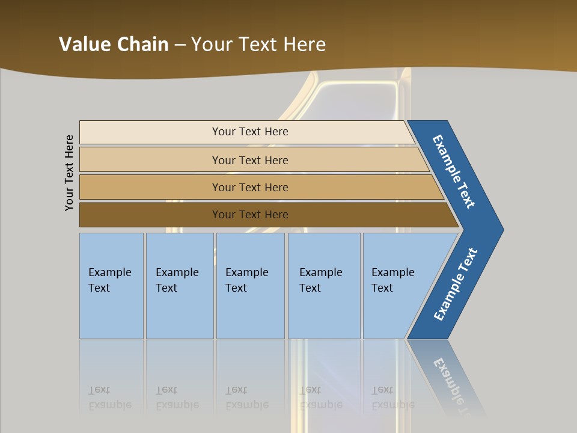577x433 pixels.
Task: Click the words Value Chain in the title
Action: (x=114, y=45)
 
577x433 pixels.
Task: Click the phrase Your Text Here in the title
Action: (x=258, y=45)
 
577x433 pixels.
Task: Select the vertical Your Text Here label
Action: (x=69, y=173)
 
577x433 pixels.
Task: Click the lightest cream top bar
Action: (x=150, y=132)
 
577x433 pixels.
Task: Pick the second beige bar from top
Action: (x=150, y=160)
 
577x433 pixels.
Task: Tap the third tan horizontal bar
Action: (x=150, y=187)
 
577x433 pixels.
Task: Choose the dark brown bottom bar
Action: (x=150, y=215)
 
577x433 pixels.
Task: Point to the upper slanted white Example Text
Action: (x=454, y=171)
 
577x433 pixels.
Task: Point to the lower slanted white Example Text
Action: (x=455, y=284)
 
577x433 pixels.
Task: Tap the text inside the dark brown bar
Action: (x=250, y=215)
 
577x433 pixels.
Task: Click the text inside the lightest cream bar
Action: (x=250, y=132)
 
